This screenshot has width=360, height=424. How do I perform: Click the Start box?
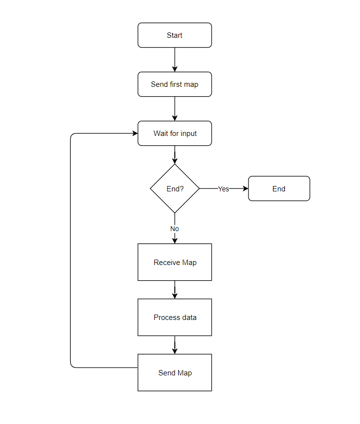point(174,35)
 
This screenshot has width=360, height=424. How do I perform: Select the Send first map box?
point(174,84)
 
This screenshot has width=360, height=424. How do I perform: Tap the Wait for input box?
point(174,133)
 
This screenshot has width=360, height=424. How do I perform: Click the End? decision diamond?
point(174,188)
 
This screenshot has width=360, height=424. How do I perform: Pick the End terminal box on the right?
point(279,188)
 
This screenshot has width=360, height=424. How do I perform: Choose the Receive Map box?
point(174,262)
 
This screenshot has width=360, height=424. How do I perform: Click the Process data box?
point(174,317)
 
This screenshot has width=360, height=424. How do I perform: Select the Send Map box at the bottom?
point(174,372)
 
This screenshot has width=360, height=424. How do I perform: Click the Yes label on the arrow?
point(223,189)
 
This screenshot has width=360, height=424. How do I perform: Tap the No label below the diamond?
point(174,229)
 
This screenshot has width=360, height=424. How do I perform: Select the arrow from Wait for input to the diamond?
point(174,154)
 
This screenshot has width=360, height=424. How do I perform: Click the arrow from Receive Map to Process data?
point(174,289)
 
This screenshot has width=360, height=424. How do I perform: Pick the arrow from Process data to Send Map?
point(174,344)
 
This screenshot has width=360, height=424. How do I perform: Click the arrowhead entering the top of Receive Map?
point(174,240)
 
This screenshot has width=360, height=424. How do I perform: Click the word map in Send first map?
point(191,84)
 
